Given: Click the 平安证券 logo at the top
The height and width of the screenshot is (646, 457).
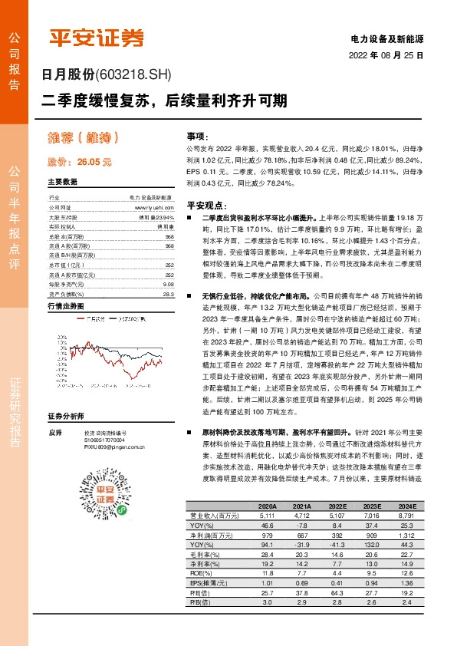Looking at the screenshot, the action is pos(96,38).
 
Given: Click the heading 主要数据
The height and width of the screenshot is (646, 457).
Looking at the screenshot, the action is pos(62,183).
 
